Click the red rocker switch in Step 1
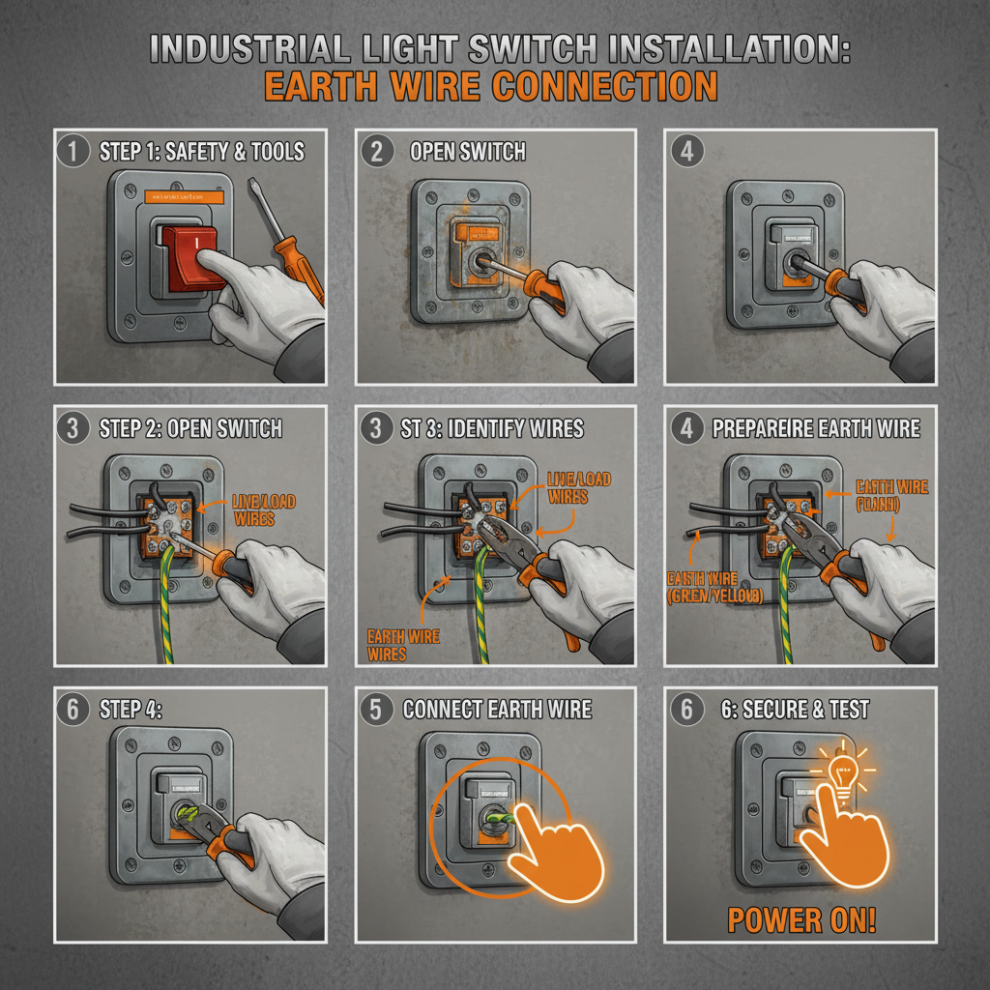pos(192,260)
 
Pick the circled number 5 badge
pos(376,709)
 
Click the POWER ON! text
pos(801,919)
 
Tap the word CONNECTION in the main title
pos(605,85)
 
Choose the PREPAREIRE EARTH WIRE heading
pos(816,428)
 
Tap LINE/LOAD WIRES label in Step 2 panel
pos(263,510)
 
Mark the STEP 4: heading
pos(131,710)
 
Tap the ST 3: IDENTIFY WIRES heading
pos(492,428)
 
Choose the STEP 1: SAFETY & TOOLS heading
pos(201,151)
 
